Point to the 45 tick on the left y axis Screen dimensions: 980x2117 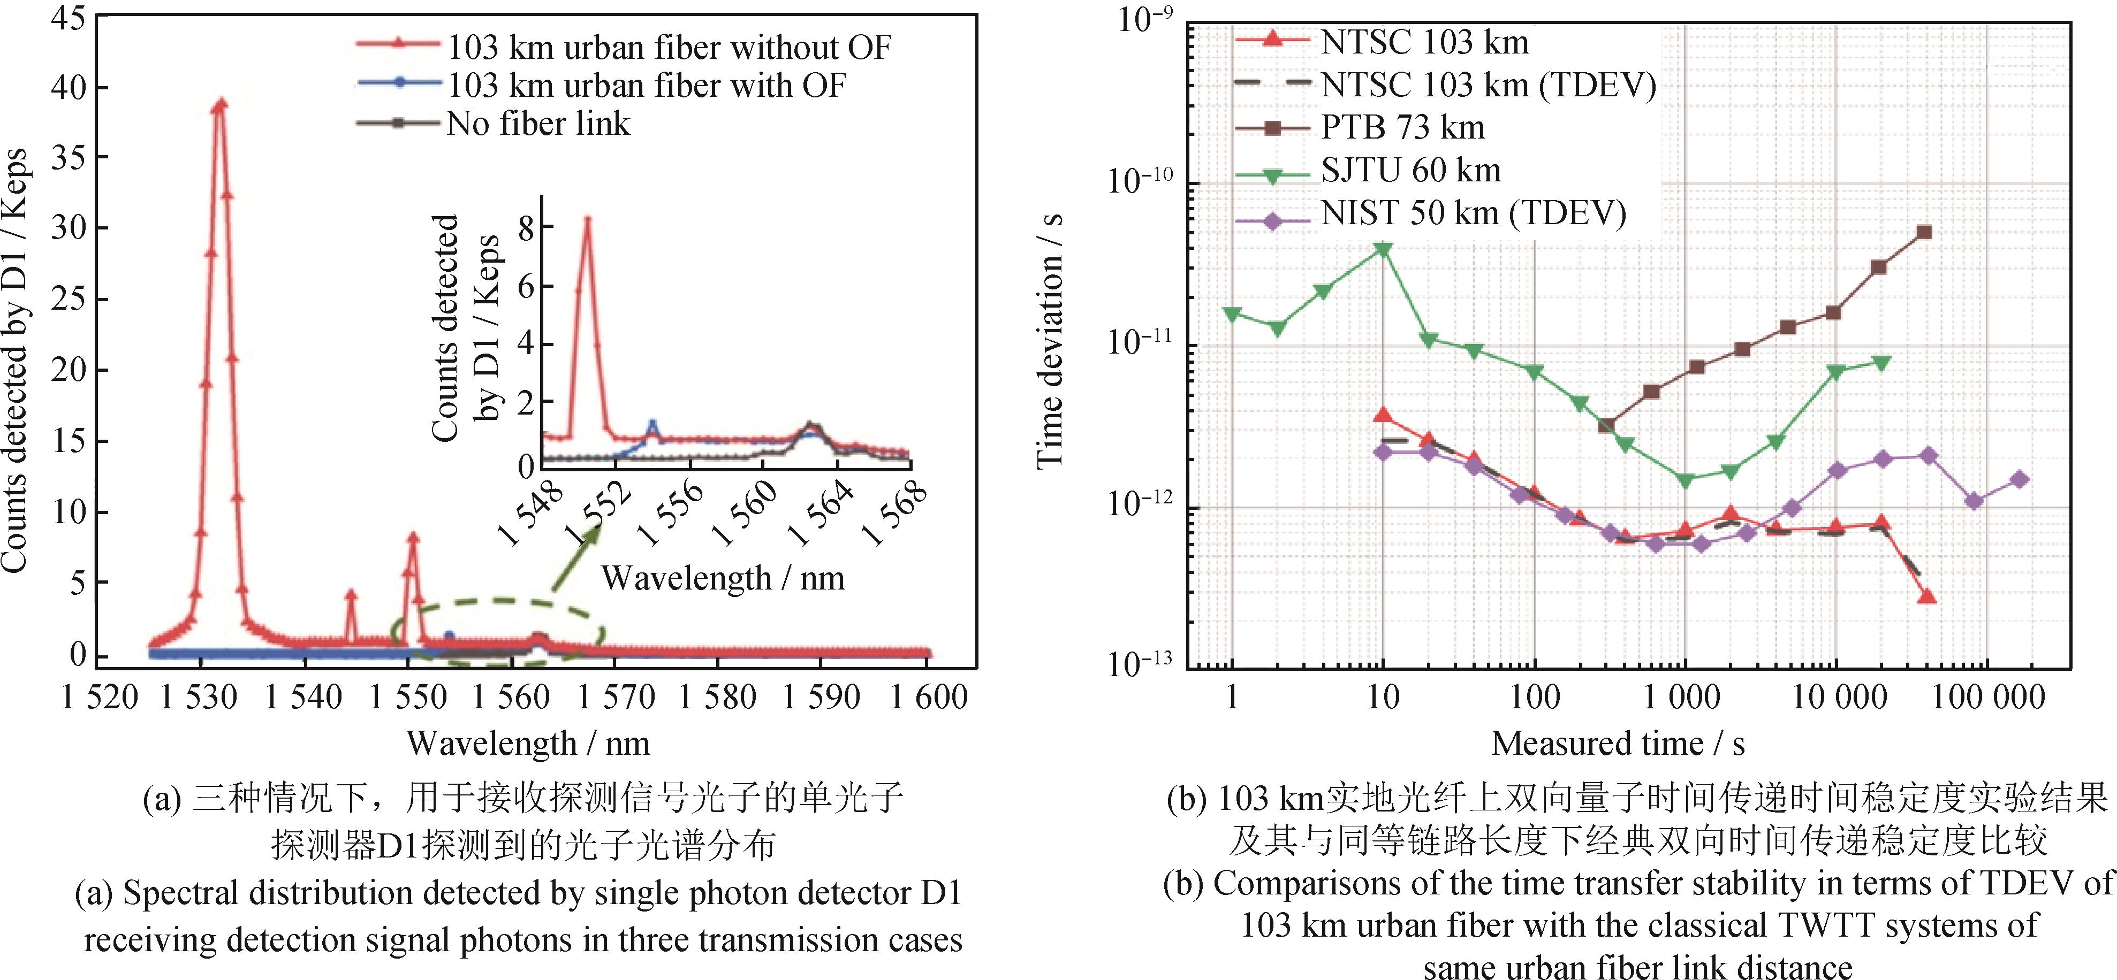click(x=67, y=18)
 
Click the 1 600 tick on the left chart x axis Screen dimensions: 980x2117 click(x=929, y=698)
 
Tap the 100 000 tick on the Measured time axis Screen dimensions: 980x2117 click(x=1987, y=698)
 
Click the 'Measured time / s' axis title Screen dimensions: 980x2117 click(x=1618, y=744)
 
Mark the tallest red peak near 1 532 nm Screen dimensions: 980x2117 click(x=219, y=103)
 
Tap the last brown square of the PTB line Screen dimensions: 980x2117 click(x=1924, y=233)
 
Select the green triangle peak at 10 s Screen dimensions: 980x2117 click(x=1383, y=249)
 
